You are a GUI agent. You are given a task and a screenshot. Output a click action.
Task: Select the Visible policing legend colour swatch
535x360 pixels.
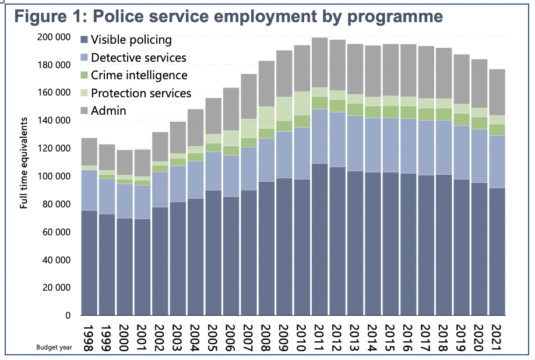point(85,40)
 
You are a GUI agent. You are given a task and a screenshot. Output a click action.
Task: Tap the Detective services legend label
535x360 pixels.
point(139,57)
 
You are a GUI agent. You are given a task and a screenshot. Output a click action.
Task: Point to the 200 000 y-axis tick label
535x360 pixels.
point(53,37)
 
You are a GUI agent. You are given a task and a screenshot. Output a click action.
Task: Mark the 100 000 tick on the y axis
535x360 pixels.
point(53,177)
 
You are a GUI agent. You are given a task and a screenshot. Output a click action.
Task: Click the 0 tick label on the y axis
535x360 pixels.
point(68,316)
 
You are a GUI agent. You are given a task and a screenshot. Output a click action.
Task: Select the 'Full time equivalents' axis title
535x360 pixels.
point(24,163)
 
